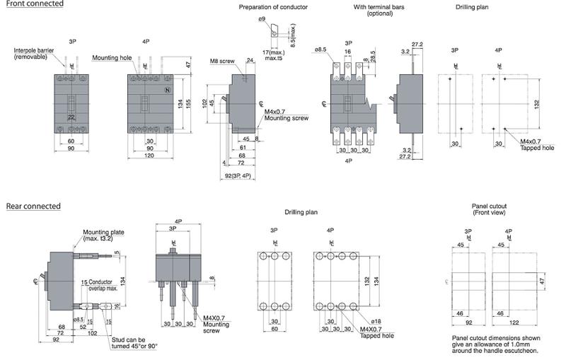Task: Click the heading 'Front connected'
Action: [32, 4]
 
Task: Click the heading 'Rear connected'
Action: [33, 207]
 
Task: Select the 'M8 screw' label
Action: [221, 62]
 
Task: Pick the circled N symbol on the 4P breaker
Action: [168, 91]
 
